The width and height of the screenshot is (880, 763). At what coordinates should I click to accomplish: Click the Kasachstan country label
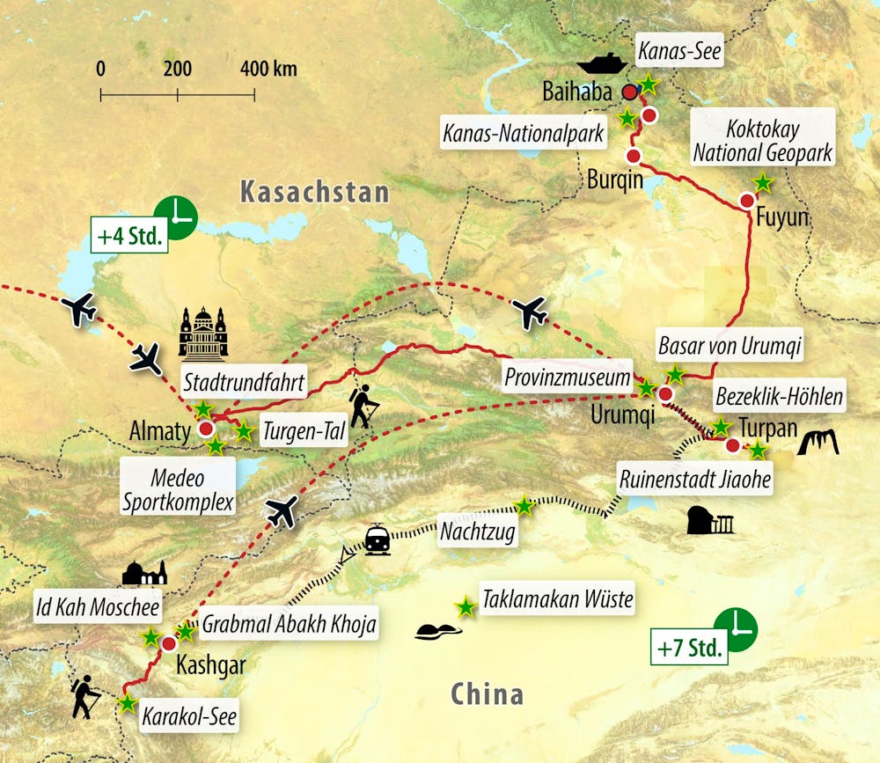tap(314, 192)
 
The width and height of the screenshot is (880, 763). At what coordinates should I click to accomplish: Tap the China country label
tap(487, 694)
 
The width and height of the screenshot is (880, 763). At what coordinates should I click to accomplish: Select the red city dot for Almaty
tap(207, 429)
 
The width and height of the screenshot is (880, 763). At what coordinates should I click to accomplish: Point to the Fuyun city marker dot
tap(747, 201)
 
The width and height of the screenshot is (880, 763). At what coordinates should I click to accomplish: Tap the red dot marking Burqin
tap(633, 156)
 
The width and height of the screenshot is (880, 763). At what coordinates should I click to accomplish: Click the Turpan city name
tap(767, 428)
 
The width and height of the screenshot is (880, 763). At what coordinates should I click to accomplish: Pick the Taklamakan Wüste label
tap(557, 600)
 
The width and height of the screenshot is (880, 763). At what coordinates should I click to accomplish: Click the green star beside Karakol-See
tap(128, 703)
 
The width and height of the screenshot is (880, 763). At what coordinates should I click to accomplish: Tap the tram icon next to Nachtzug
tap(378, 539)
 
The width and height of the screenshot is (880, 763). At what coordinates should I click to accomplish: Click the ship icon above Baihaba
tap(603, 62)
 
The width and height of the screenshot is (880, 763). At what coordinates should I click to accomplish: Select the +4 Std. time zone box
tap(129, 238)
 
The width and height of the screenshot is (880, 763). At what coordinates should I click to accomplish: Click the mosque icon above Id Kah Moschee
tap(144, 574)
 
